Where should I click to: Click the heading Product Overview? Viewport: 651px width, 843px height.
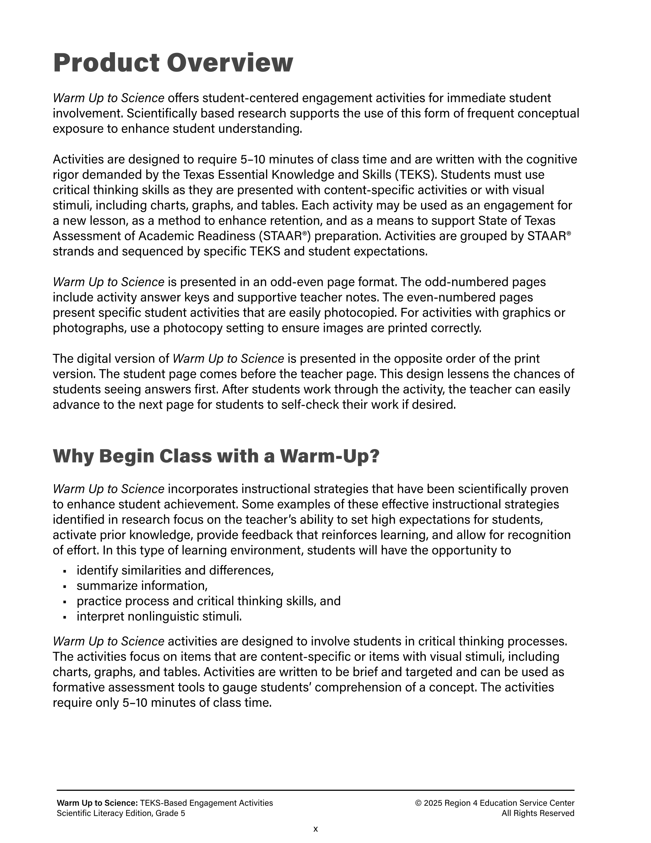(x=173, y=63)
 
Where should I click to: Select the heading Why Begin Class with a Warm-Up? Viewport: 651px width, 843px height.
(x=216, y=456)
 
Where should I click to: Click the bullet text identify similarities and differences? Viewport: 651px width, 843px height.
(x=175, y=570)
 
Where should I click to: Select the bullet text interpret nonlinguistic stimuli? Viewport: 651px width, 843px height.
(x=159, y=616)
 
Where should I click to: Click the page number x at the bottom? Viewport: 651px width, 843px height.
(x=315, y=829)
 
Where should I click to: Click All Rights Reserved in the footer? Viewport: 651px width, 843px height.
(x=538, y=813)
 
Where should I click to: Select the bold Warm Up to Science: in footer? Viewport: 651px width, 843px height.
(x=97, y=803)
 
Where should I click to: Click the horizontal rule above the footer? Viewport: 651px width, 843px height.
(x=315, y=790)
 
